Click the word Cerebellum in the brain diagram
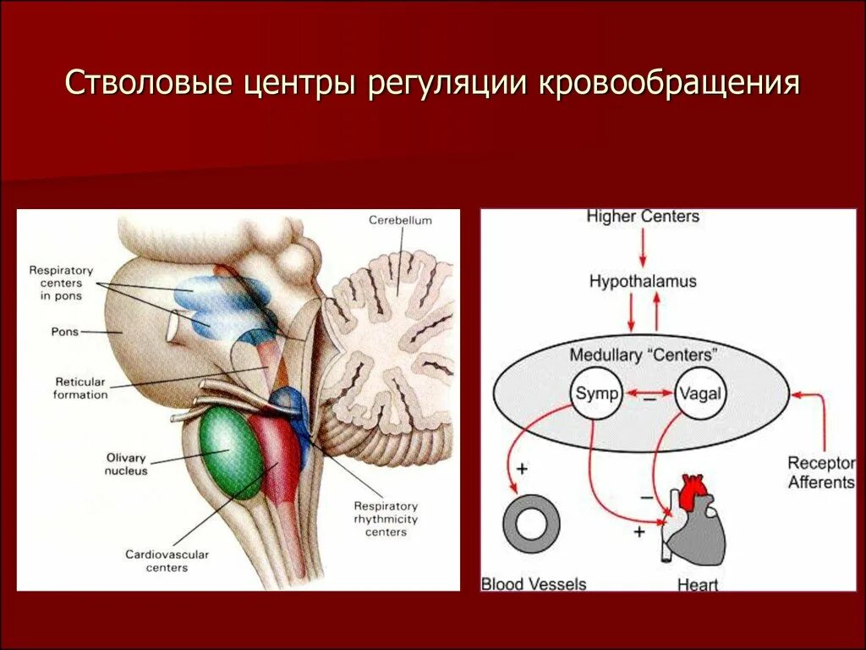pyautogui.click(x=400, y=220)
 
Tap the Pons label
pyautogui.click(x=65, y=332)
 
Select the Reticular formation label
pyautogui.click(x=80, y=388)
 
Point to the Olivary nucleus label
pyautogui.click(x=127, y=464)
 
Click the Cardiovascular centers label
pyautogui.click(x=167, y=560)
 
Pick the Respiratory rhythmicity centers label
pyautogui.click(x=386, y=518)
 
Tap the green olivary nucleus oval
pyautogui.click(x=231, y=454)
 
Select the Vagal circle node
pyautogui.click(x=699, y=394)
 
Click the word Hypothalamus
pyautogui.click(x=643, y=281)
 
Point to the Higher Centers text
pyautogui.click(x=643, y=217)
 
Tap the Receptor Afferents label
pyautogui.click(x=820, y=472)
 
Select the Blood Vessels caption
pyautogui.click(x=533, y=583)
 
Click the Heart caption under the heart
pyautogui.click(x=697, y=584)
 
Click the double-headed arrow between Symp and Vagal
pyautogui.click(x=648, y=393)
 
